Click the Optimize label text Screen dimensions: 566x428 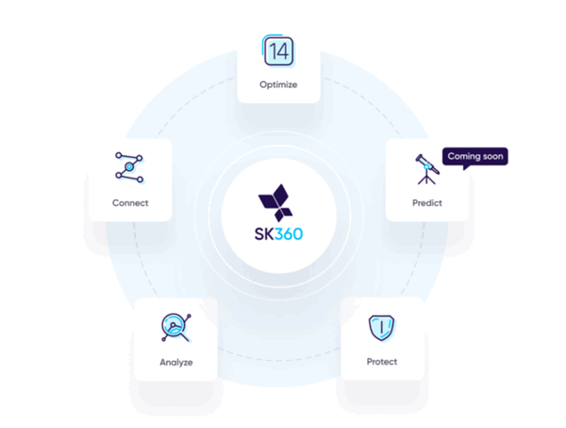[x=278, y=85]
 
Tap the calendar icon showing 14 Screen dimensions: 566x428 [x=278, y=51]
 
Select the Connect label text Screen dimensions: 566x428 [x=130, y=203]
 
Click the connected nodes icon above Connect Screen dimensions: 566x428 [x=129, y=167]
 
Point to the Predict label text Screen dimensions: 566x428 [x=427, y=203]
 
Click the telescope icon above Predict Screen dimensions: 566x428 [x=427, y=169]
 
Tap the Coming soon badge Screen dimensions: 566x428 [x=475, y=157]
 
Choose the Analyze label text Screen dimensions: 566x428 [x=176, y=362]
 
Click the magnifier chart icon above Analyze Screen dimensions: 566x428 [x=176, y=327]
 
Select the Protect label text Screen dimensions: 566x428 [x=382, y=362]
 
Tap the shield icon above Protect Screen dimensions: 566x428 [x=381, y=328]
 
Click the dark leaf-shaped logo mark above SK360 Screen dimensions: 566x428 [x=275, y=203]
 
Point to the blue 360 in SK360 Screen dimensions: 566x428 [x=289, y=234]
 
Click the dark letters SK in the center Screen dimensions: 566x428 [x=264, y=234]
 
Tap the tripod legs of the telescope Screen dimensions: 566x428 [x=426, y=179]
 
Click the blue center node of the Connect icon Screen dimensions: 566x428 [x=129, y=166]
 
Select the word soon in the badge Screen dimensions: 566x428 [x=492, y=156]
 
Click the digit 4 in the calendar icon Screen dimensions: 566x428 [x=283, y=51]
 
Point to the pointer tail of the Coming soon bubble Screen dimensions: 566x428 [x=466, y=167]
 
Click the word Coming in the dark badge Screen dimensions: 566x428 [x=464, y=157]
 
